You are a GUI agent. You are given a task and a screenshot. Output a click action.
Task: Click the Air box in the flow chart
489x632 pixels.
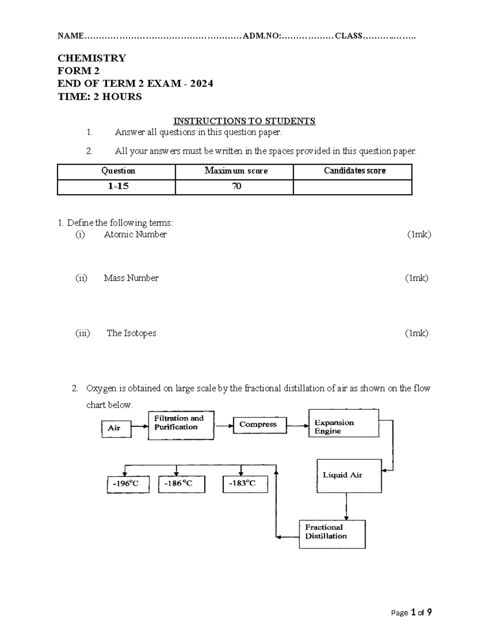pyautogui.click(x=116, y=429)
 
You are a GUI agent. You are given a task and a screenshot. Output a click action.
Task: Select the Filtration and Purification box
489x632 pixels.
pyautogui.click(x=181, y=425)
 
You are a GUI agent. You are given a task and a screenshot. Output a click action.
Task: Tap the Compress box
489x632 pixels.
pyautogui.click(x=260, y=425)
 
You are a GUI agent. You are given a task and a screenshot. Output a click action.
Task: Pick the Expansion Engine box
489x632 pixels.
pyautogui.click(x=344, y=423)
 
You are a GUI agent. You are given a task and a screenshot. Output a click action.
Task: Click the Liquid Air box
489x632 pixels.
pyautogui.click(x=349, y=476)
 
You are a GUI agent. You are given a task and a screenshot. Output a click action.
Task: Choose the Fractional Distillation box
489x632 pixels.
pyautogui.click(x=332, y=534)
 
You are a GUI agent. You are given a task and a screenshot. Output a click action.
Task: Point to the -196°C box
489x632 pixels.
pyautogui.click(x=128, y=484)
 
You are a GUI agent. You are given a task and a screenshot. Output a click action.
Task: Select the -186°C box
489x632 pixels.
pyautogui.click(x=181, y=484)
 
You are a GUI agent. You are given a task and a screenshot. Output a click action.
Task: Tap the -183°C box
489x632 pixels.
pyautogui.click(x=245, y=484)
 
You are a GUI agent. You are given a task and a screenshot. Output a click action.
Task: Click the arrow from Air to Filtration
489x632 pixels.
pyautogui.click(x=139, y=427)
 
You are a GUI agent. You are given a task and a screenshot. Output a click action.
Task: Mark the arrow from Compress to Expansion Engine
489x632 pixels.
pyautogui.click(x=297, y=426)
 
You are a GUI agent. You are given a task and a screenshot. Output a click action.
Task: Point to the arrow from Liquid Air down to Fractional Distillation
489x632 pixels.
pyautogui.click(x=346, y=506)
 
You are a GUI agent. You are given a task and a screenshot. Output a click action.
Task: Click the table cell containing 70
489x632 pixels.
pyautogui.click(x=234, y=187)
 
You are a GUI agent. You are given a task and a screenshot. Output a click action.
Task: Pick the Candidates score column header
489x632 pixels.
pyautogui.click(x=352, y=171)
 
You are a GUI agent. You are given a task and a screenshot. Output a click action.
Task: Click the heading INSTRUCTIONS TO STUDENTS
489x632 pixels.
pyautogui.click(x=244, y=121)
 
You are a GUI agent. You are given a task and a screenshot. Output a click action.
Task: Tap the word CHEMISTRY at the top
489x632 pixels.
pyautogui.click(x=92, y=58)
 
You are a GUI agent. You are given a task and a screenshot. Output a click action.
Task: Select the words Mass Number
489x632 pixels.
pyautogui.click(x=131, y=278)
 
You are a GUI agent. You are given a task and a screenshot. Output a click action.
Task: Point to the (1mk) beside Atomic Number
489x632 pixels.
pyautogui.click(x=419, y=234)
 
